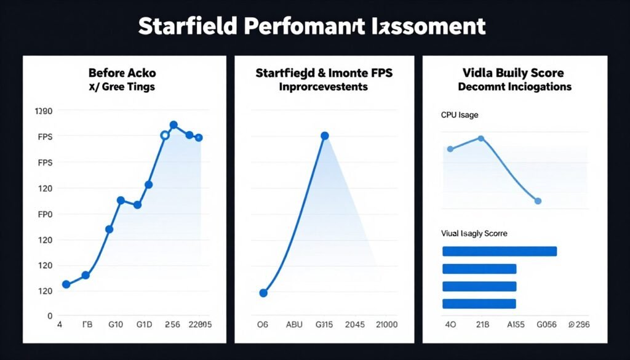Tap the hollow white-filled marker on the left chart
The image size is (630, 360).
click(164, 135)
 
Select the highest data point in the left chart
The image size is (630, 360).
click(173, 125)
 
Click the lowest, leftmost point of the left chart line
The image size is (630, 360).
click(66, 284)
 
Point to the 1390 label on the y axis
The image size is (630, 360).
click(45, 111)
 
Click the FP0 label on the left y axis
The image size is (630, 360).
click(46, 214)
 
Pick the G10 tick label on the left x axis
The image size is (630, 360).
click(116, 324)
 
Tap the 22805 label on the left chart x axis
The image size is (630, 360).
click(200, 324)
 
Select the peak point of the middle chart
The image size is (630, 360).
click(325, 136)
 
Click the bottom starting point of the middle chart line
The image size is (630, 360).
click(263, 293)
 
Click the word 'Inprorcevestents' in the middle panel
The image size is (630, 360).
click(323, 87)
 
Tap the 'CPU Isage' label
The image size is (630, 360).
click(459, 114)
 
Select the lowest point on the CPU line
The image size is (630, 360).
click(538, 201)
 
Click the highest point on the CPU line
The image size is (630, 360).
click(480, 138)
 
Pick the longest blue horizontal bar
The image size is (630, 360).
click(500, 251)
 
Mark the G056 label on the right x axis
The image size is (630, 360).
click(546, 324)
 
